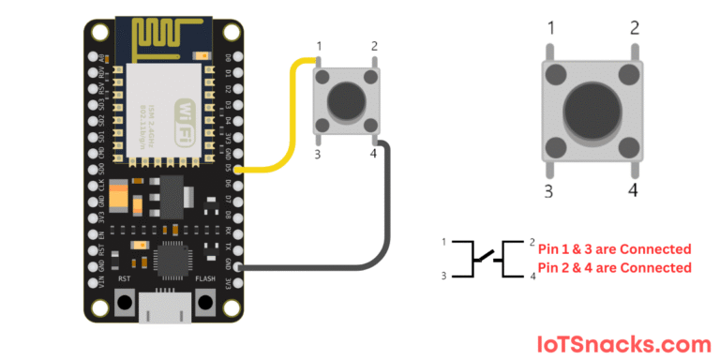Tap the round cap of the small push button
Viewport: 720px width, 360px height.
[x=346, y=97]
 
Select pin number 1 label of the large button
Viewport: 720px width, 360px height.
[x=550, y=28]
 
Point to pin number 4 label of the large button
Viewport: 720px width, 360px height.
[x=633, y=189]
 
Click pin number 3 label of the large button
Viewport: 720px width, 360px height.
[x=550, y=191]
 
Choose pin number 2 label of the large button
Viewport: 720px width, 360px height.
[x=635, y=28]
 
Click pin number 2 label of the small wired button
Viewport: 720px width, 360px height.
[x=374, y=46]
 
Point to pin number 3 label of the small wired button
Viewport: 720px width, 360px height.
[x=318, y=154]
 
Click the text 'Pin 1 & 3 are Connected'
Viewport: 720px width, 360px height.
[x=614, y=249]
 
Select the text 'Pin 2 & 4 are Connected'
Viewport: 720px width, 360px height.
[x=614, y=268]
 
